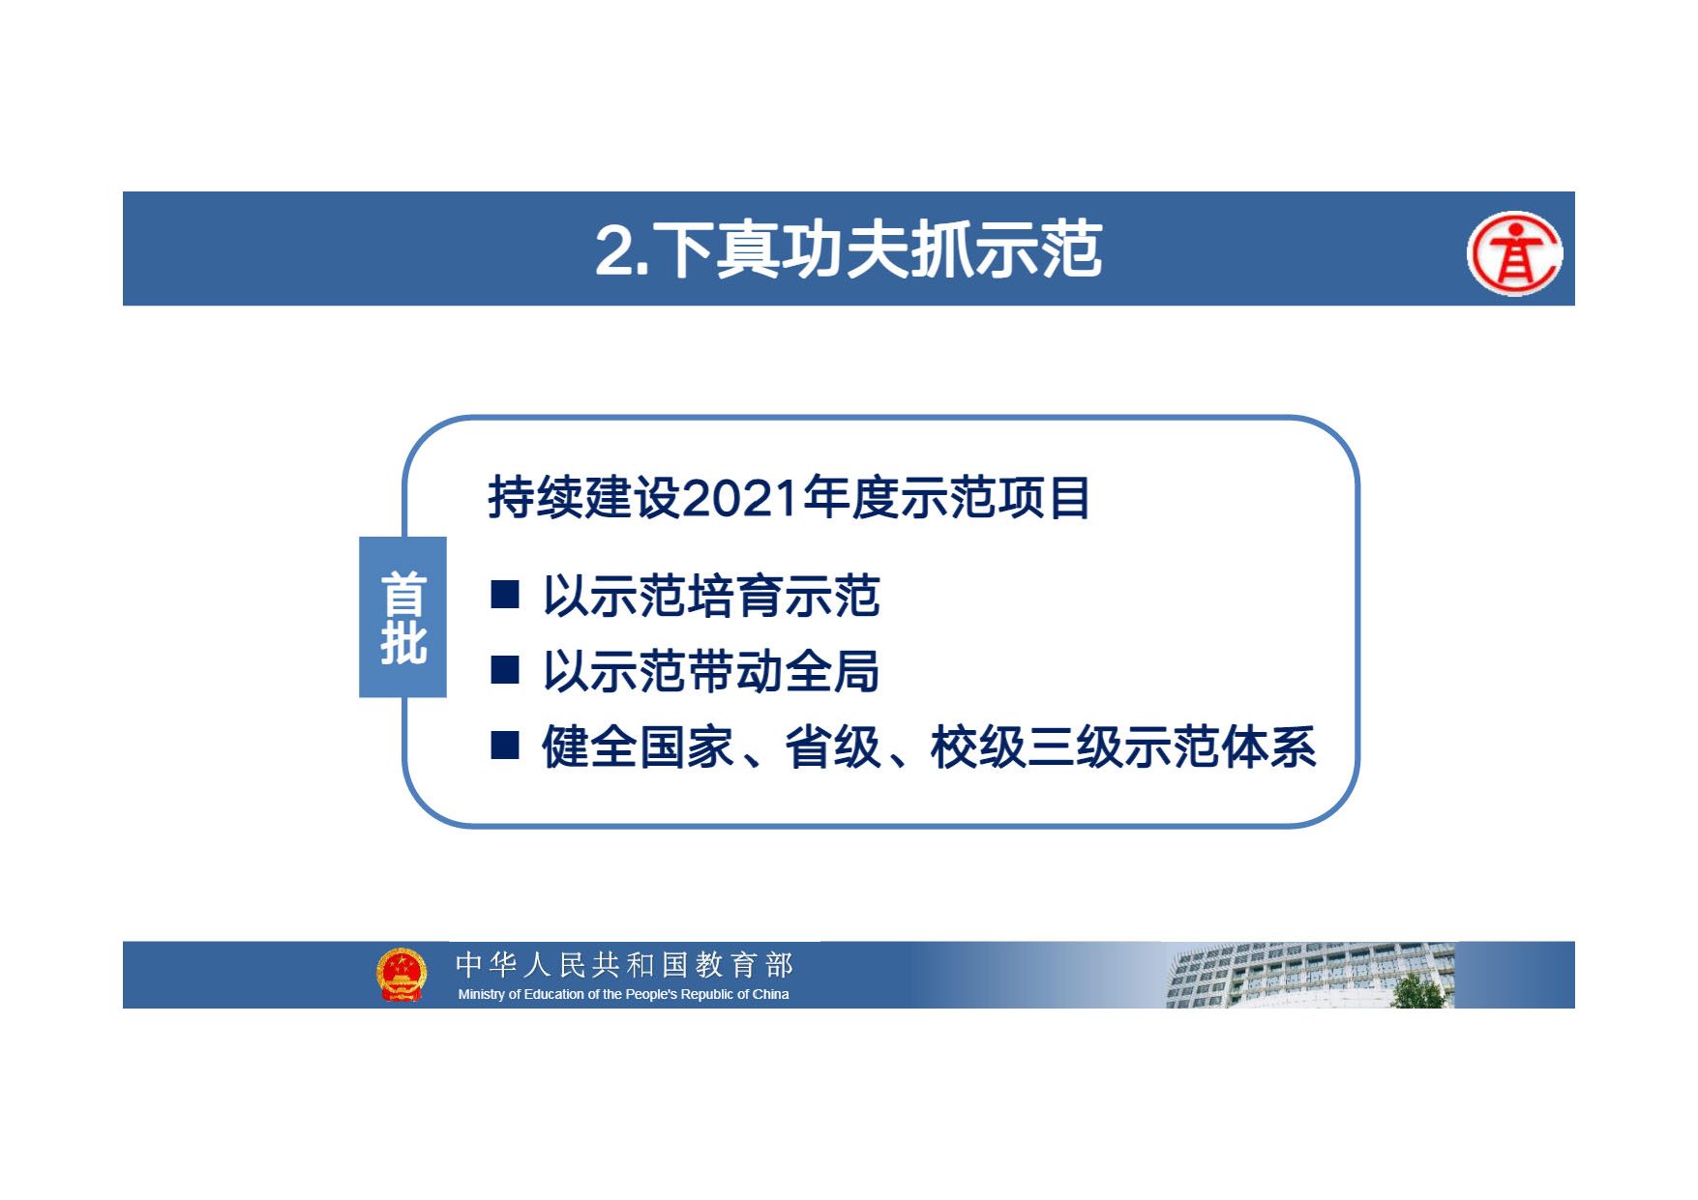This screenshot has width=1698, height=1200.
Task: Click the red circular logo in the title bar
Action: [x=1514, y=253]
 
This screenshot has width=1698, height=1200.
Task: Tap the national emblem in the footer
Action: [x=402, y=975]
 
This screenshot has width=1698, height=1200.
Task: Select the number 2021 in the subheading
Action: [x=741, y=498]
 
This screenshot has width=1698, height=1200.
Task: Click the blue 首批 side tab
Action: [x=402, y=617]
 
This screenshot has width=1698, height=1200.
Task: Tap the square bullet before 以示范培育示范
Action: [x=505, y=594]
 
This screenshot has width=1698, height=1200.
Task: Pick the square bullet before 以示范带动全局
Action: [x=505, y=669]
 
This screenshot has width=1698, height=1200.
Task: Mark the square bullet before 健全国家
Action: [x=505, y=745]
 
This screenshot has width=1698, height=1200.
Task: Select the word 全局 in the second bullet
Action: [x=832, y=671]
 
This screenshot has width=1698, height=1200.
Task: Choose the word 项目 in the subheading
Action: [x=1043, y=498]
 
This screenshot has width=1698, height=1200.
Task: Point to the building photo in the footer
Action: [x=1310, y=976]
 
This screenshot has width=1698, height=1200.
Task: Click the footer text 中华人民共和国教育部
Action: [x=624, y=964]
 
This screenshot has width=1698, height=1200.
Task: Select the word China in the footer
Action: [x=771, y=994]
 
